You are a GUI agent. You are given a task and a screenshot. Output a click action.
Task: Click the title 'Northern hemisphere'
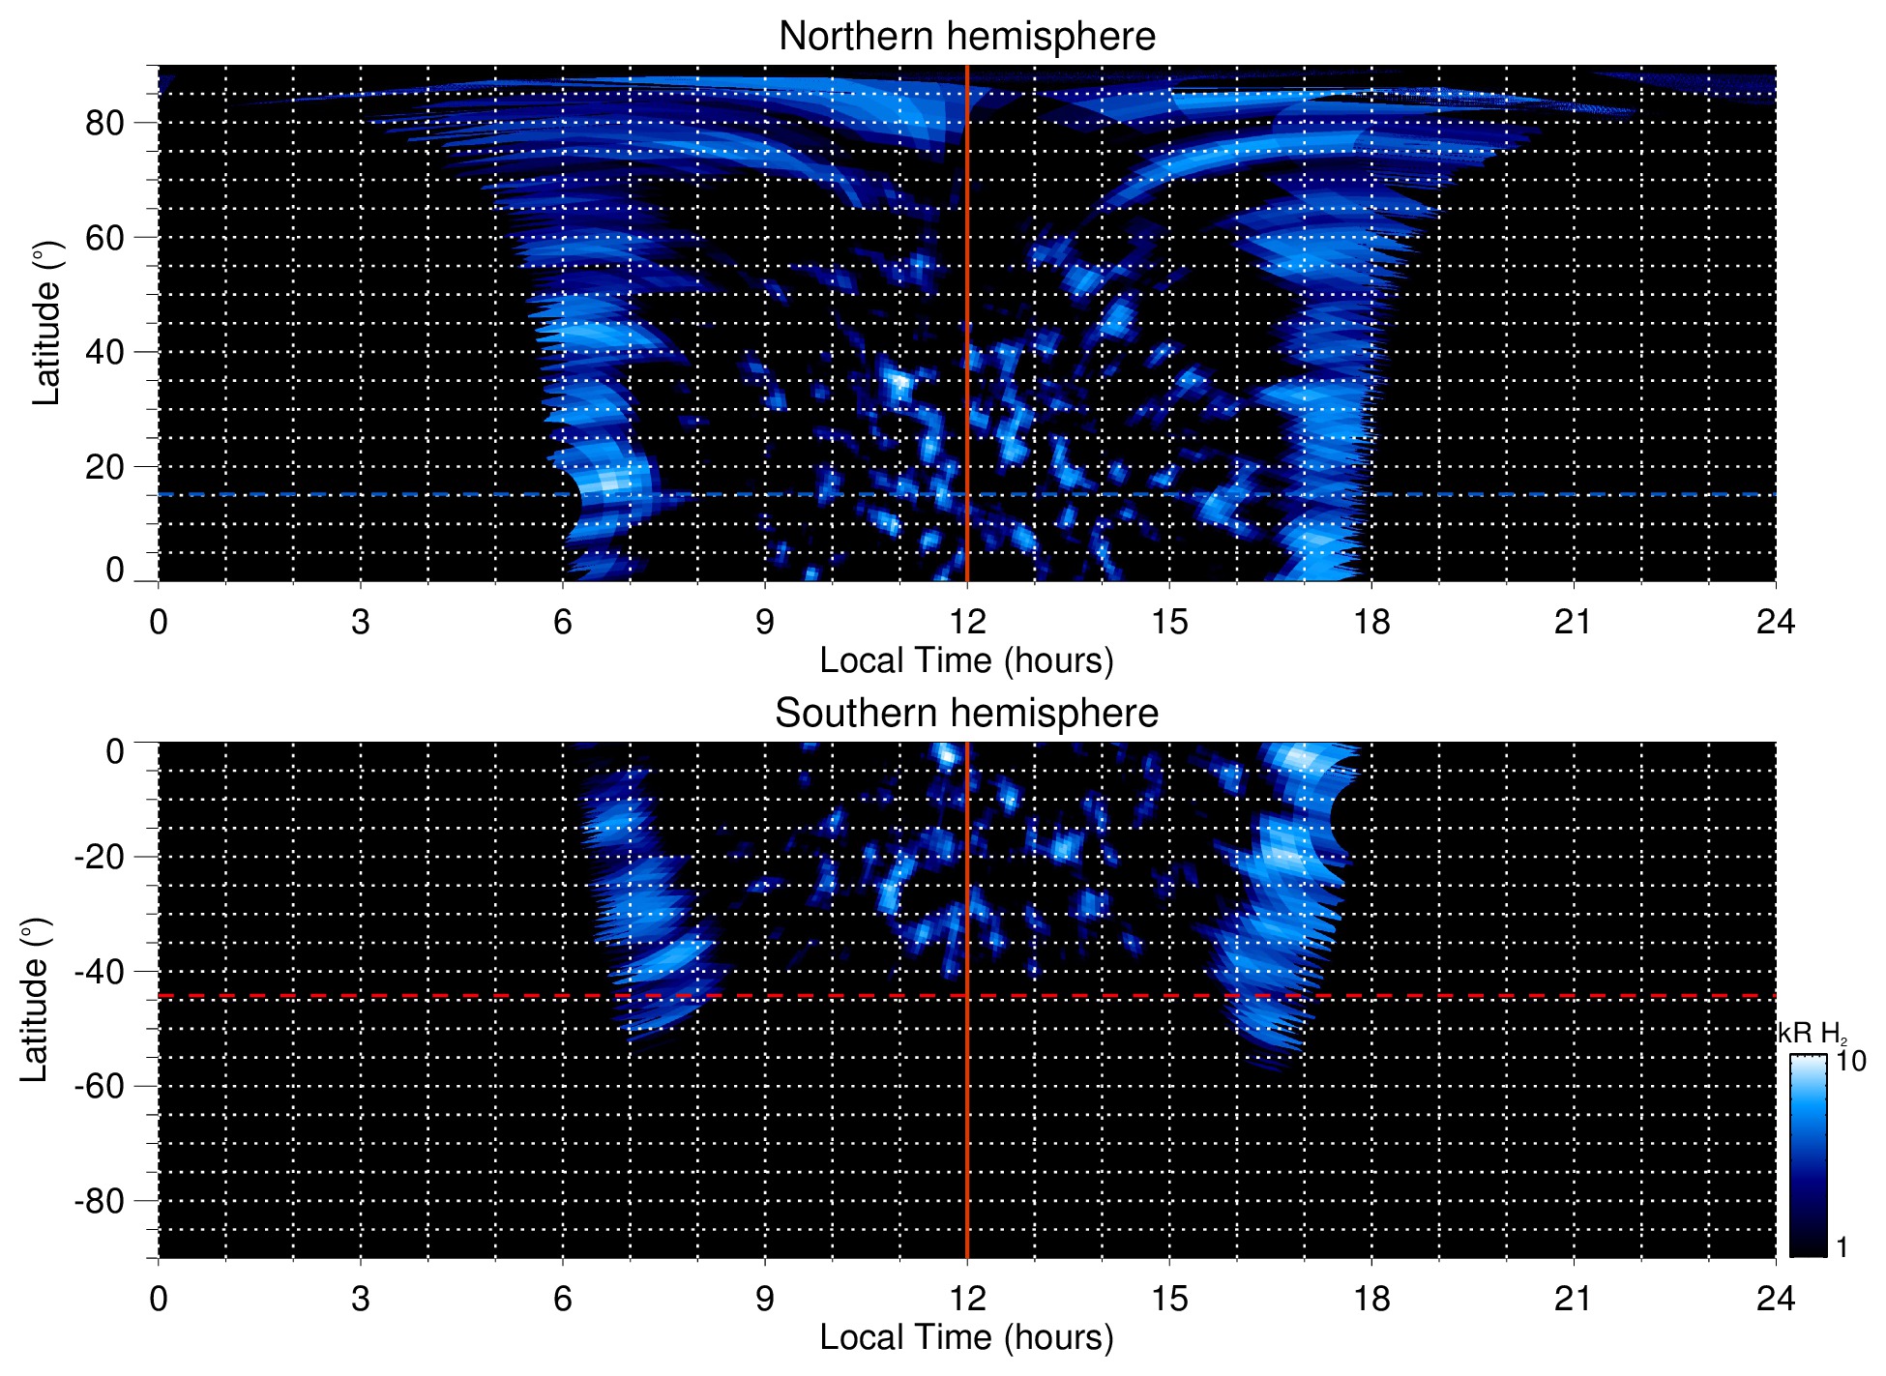pyautogui.click(x=966, y=37)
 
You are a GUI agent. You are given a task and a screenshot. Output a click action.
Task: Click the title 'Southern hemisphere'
pyautogui.click(x=966, y=714)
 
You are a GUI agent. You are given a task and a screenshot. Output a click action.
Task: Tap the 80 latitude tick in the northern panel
pyautogui.click(x=105, y=123)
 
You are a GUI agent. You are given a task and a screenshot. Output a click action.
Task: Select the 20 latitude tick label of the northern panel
pyautogui.click(x=105, y=466)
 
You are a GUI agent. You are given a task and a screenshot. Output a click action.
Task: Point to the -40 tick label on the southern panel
pyautogui.click(x=99, y=971)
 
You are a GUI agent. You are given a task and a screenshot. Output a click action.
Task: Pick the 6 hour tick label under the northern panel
pyautogui.click(x=563, y=621)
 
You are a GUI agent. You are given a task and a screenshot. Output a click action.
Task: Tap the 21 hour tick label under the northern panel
pyautogui.click(x=1573, y=621)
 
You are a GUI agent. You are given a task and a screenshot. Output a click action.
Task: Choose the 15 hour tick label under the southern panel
pyautogui.click(x=1168, y=1298)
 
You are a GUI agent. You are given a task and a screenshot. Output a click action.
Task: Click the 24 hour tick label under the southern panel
pyautogui.click(x=1775, y=1298)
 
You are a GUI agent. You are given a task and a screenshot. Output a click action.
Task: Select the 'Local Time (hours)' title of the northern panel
pyautogui.click(x=966, y=660)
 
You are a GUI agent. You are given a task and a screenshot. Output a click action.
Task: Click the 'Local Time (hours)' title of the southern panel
pyautogui.click(x=966, y=1337)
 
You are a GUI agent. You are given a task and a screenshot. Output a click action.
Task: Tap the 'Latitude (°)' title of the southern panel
pyautogui.click(x=34, y=1000)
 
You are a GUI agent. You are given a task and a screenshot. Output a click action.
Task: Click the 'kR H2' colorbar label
pyautogui.click(x=1812, y=1034)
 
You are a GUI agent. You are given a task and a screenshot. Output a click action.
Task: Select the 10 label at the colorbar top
pyautogui.click(x=1851, y=1061)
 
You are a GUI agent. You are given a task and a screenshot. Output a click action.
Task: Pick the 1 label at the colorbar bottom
pyautogui.click(x=1842, y=1247)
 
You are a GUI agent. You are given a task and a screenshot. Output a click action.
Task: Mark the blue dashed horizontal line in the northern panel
pyautogui.click(x=387, y=494)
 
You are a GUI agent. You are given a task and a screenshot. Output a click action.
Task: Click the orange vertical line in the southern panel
pyautogui.click(x=967, y=1112)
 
